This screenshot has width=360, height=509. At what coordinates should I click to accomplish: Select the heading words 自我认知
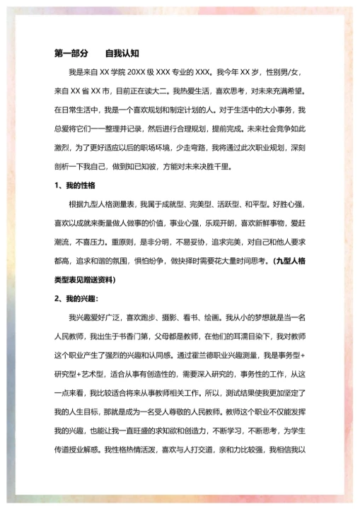click(122, 53)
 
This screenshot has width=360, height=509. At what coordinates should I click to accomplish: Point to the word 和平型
click(255, 205)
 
